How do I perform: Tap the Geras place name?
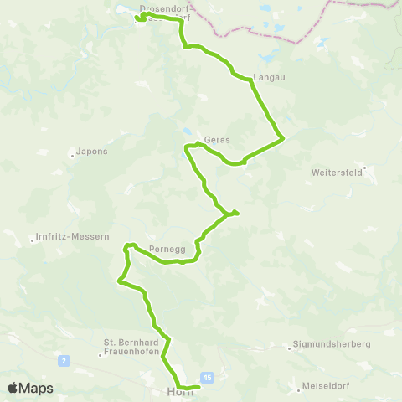coord(216,140)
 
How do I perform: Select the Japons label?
coord(90,152)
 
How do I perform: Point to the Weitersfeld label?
coord(334,173)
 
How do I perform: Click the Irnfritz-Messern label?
coord(73,237)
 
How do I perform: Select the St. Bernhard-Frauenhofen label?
coord(137,348)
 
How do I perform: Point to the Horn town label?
coord(180,392)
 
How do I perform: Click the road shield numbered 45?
coord(207,378)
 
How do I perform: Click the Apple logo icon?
coord(13,388)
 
